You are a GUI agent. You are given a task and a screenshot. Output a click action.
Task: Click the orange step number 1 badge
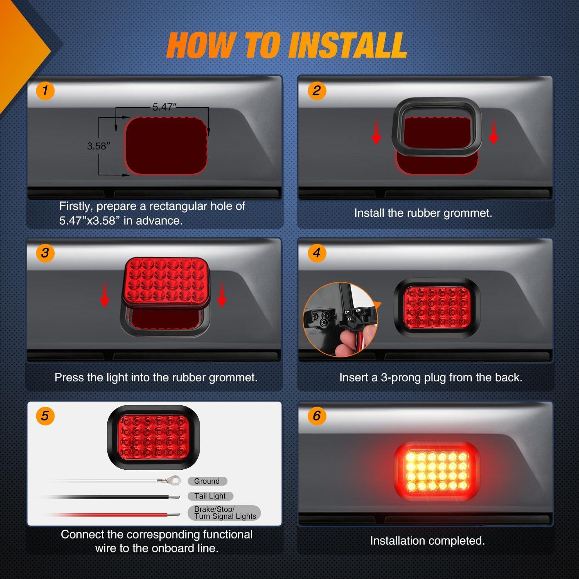[x=45, y=91]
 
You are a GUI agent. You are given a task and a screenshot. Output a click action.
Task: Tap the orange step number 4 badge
[x=317, y=253]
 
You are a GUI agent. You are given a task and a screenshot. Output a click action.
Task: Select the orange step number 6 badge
[x=317, y=416]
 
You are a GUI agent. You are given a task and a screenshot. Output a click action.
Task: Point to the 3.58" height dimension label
[x=98, y=146]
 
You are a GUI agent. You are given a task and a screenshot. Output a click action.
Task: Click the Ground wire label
[x=207, y=481]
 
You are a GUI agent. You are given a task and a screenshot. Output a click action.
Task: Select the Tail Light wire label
[x=210, y=496]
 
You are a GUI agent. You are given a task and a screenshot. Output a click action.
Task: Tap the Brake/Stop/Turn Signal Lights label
[x=224, y=513]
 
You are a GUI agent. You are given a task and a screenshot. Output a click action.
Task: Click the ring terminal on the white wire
[x=165, y=481]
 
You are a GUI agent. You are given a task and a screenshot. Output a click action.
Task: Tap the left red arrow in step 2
[x=376, y=135]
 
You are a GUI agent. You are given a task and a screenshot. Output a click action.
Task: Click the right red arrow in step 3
[x=222, y=297]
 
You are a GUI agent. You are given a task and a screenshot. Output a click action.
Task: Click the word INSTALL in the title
[x=347, y=46]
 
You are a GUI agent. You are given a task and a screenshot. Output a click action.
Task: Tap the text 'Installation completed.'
[x=427, y=541]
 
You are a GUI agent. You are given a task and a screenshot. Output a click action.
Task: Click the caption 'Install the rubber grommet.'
[x=423, y=213]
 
